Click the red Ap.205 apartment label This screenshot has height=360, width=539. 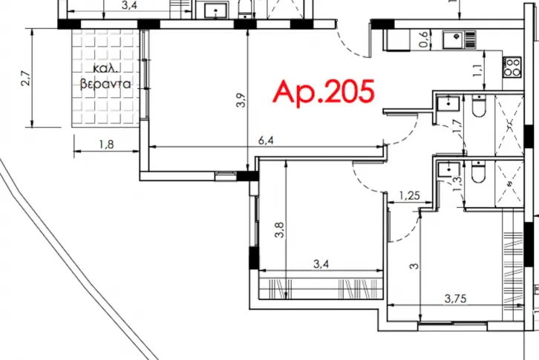pyautogui.click(x=324, y=92)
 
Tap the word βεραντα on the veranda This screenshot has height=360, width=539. pyautogui.click(x=105, y=84)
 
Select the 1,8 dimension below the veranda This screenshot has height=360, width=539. pyautogui.click(x=106, y=145)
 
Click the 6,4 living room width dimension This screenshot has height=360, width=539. pyautogui.click(x=266, y=140)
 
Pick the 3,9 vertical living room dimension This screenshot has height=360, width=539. pyautogui.click(x=241, y=100)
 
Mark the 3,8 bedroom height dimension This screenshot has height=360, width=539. pyautogui.click(x=279, y=229)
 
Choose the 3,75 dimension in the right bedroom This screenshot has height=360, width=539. pyautogui.click(x=455, y=298)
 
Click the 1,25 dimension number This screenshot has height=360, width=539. pyautogui.click(x=410, y=196)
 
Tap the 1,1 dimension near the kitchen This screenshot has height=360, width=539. pyautogui.click(x=477, y=71)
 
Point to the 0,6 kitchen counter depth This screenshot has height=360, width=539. pyautogui.click(x=424, y=39)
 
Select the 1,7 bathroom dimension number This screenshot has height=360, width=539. pyautogui.click(x=457, y=126)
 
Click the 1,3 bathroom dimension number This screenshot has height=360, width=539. pyautogui.click(x=457, y=184)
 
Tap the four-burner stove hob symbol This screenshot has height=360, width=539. pyautogui.click(x=512, y=67)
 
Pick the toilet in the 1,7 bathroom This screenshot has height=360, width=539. pyautogui.click(x=479, y=105)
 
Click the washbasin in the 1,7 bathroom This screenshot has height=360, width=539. pyautogui.click(x=448, y=103)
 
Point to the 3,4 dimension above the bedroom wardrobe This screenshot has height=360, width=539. pyautogui.click(x=321, y=264)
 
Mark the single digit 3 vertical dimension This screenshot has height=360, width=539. pyautogui.click(x=414, y=266)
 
